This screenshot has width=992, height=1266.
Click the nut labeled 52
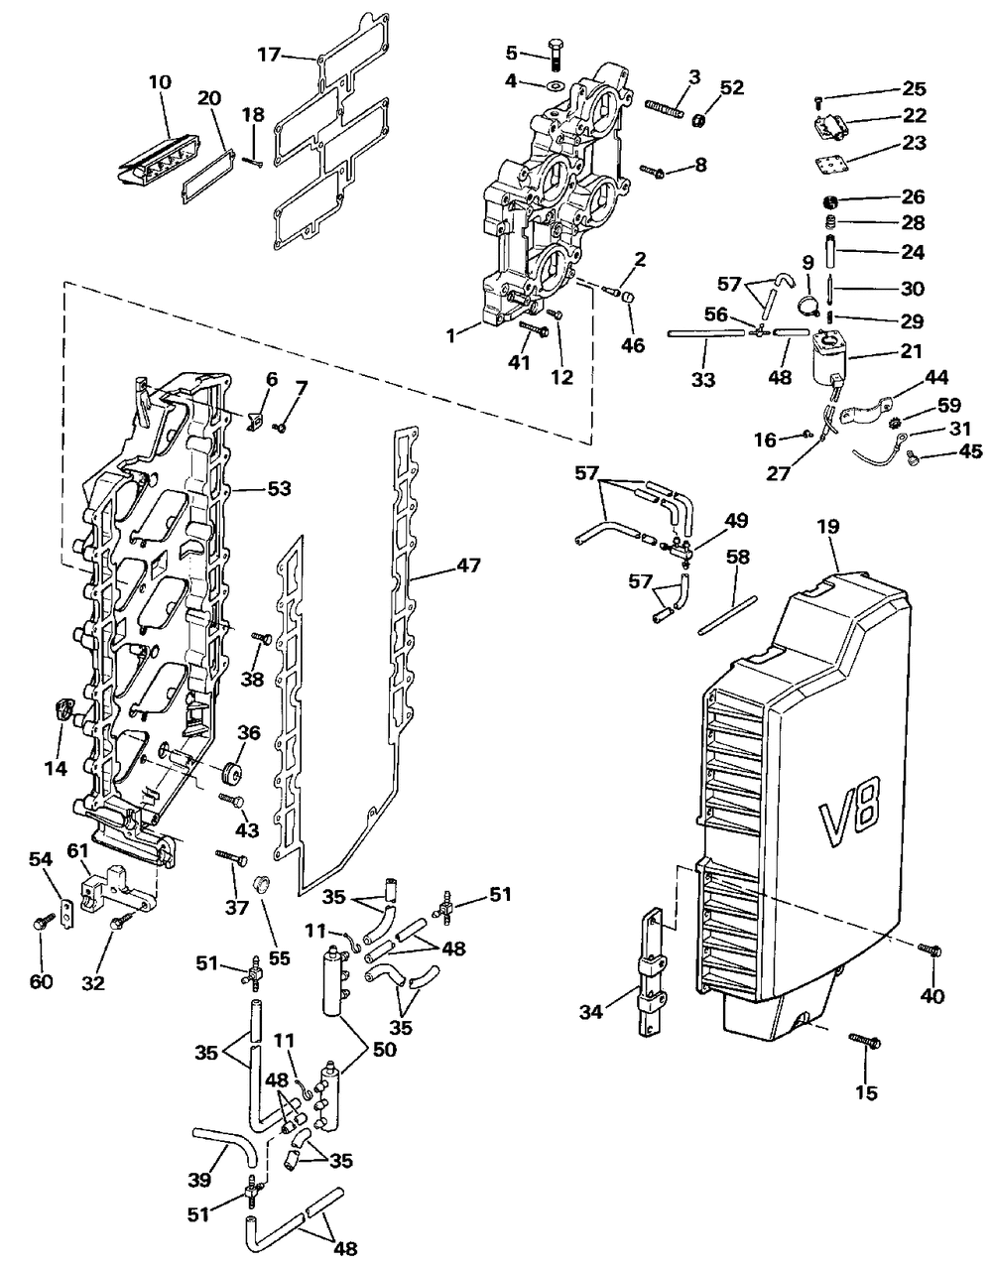(700, 121)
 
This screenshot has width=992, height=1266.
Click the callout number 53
(279, 488)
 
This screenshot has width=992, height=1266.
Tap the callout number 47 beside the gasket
(469, 566)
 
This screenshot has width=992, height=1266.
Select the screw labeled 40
(930, 949)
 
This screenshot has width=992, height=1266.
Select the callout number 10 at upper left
(160, 81)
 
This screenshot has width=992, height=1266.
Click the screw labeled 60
(42, 923)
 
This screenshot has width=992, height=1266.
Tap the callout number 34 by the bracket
(591, 1012)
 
